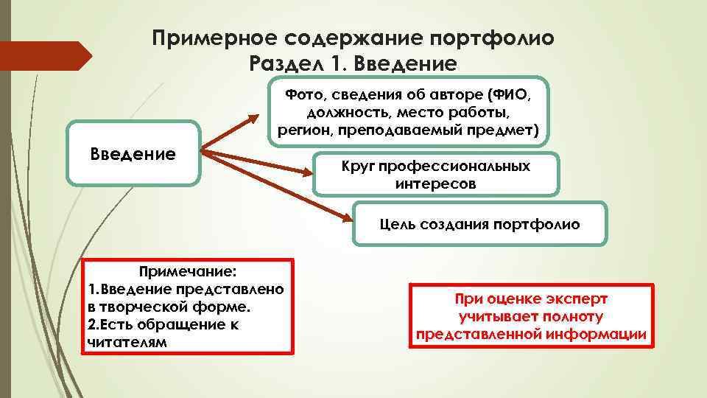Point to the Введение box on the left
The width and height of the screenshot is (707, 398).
coord(133,153)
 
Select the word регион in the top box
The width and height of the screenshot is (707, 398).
coord(300,131)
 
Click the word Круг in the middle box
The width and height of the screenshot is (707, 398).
coord(360,167)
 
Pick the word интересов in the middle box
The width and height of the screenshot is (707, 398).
coord(435,184)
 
